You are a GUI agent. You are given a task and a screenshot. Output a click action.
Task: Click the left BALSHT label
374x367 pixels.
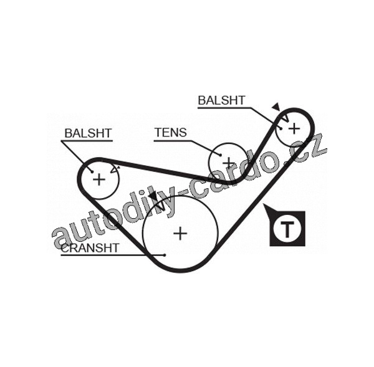[x=88, y=133]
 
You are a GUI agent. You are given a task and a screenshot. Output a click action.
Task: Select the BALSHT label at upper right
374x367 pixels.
[x=221, y=100]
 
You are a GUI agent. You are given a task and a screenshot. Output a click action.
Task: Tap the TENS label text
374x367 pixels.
[x=170, y=132]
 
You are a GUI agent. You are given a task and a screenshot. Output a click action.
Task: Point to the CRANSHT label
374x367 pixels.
[x=90, y=247]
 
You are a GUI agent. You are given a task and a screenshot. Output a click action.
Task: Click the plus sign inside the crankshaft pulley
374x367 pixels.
[x=180, y=233]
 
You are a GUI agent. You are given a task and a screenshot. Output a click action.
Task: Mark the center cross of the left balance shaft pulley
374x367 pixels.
[x=98, y=179]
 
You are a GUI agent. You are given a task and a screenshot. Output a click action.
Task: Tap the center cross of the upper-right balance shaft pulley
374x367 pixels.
[x=294, y=128]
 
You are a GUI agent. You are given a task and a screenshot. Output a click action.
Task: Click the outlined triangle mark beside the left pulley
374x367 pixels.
[x=113, y=168]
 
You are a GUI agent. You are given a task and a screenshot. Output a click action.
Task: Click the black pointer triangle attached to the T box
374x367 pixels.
[x=269, y=211]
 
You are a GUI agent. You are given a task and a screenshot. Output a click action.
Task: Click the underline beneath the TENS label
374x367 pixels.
[x=170, y=140]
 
